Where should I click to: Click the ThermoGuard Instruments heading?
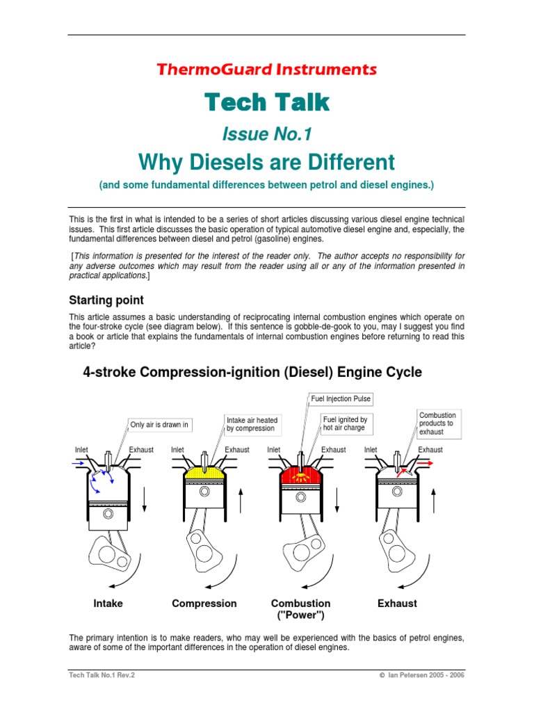[267, 70]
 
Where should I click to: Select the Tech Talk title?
[267, 103]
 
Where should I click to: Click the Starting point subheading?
[106, 300]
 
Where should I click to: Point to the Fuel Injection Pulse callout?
[340, 399]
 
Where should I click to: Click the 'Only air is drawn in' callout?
[159, 425]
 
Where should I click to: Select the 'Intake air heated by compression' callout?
[252, 424]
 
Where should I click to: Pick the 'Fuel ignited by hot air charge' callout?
[345, 424]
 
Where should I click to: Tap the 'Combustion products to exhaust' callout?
[437, 423]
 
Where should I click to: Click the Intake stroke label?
[108, 604]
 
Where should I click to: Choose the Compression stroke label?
[204, 604]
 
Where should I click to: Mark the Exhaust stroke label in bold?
[397, 604]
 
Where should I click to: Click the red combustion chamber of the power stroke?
[300, 476]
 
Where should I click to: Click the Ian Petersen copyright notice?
[422, 674]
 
